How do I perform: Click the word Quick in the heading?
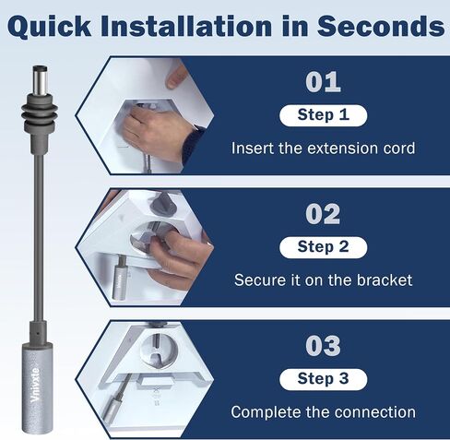[50, 26]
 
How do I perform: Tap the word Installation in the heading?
[186, 25]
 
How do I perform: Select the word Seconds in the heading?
[381, 25]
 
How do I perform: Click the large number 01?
[323, 82]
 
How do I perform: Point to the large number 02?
[323, 214]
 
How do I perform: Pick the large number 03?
[323, 346]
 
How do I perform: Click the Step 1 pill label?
[324, 115]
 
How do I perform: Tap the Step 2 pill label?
[324, 247]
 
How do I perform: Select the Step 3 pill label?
[324, 379]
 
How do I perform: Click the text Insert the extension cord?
[324, 149]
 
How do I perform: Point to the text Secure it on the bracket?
[324, 280]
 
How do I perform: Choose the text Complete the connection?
[324, 412]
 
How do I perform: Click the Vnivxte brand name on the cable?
[36, 385]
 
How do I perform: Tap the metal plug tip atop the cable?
[40, 80]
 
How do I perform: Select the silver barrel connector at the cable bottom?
[37, 389]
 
